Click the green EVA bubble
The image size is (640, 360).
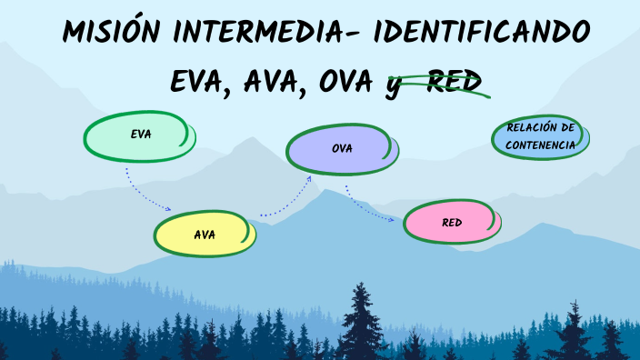point(138,135)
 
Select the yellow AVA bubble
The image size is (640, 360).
point(204,234)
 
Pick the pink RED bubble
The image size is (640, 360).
point(452,223)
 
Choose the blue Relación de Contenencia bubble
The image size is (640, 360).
point(540,137)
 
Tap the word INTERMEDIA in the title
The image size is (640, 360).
point(261,35)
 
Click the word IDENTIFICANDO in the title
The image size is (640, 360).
point(483,35)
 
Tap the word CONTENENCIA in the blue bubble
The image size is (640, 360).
point(540,145)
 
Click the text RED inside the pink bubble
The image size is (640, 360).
point(453,223)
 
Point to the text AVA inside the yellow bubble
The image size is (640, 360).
point(205,235)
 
